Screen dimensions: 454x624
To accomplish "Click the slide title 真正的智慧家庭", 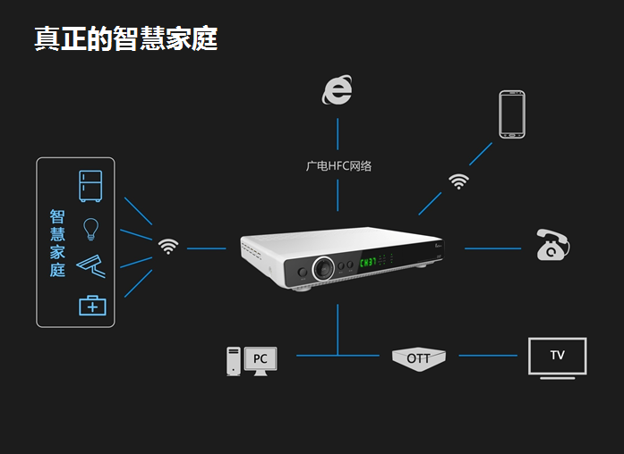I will pos(125,38).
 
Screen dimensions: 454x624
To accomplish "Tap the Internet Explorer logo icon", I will pos(338,89).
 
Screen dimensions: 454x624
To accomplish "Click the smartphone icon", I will pos(512,113).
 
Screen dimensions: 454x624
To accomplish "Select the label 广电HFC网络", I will pos(338,165).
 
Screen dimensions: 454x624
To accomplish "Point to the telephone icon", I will pos(552,245).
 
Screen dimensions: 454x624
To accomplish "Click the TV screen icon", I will pos(557,356).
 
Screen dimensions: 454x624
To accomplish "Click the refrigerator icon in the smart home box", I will pos(91,186).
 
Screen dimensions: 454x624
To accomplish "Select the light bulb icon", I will pos(90,228).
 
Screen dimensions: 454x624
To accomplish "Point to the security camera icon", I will pos(91,265).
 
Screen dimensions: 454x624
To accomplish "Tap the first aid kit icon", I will pos(92,305).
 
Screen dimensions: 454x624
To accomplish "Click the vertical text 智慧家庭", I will pos(57,243).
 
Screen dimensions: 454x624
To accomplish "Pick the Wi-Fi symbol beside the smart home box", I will pos(168,246).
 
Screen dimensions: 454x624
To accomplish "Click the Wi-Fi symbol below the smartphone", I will pos(459,181).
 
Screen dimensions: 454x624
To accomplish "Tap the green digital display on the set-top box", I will pos(368,264).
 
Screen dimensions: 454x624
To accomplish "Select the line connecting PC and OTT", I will pos(338,356).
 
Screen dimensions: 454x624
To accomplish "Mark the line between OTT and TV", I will pos(488,356).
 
